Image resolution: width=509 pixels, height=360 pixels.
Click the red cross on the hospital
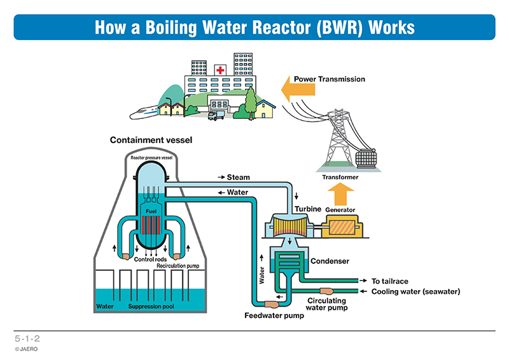tap(220, 70)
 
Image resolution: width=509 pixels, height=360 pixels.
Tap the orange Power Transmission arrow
tap(298, 89)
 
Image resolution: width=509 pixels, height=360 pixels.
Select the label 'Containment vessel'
tap(151, 140)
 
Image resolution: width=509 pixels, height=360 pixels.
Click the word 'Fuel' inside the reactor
tap(151, 211)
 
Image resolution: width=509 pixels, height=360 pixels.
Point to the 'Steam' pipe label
tap(238, 177)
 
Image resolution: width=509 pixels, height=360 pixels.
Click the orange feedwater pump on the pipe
tap(271, 304)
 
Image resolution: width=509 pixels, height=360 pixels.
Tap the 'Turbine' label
tap(308, 209)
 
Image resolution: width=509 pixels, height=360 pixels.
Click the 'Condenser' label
tap(330, 261)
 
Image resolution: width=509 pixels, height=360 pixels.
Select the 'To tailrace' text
tap(389, 281)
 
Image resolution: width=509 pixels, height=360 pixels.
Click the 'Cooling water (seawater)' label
tap(415, 291)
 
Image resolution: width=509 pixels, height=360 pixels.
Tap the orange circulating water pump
tap(326, 291)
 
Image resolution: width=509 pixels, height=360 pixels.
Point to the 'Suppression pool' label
tap(151, 307)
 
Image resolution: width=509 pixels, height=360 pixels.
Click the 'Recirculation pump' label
tap(178, 266)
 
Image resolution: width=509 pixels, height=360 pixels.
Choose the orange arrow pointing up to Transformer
tap(340, 194)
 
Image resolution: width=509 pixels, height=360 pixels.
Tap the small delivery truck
tap(216, 115)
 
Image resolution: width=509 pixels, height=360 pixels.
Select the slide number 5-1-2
tap(27, 338)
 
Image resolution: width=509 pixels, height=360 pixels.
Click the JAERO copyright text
tap(26, 349)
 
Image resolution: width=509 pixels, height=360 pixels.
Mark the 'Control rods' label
tap(150, 260)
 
